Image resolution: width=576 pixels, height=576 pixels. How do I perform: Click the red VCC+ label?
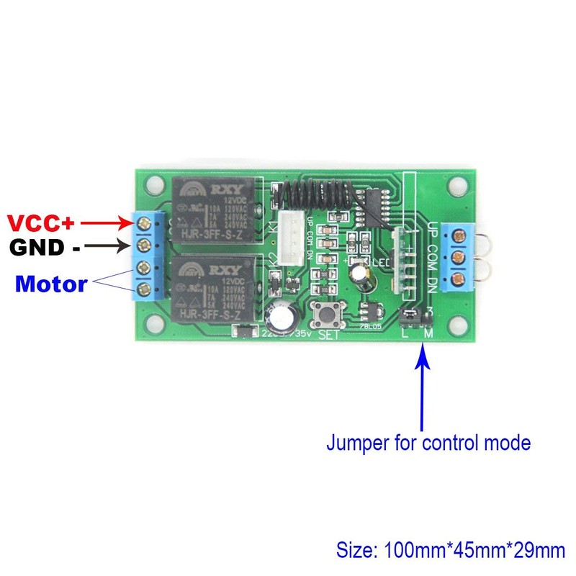48,221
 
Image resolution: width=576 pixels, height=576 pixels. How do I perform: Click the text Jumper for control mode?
428,442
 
